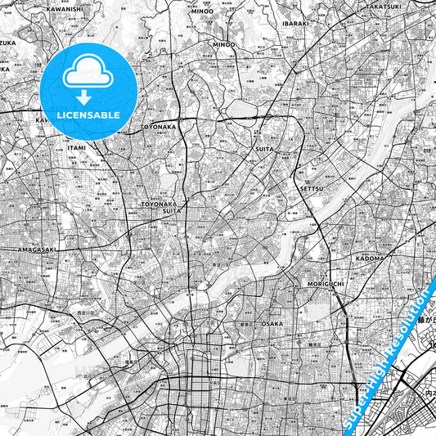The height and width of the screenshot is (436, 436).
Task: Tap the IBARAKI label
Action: pos(295,25)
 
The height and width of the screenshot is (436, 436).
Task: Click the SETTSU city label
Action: pos(313,187)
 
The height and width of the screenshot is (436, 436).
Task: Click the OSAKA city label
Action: pos(272,324)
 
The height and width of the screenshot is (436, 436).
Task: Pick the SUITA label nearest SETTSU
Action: pos(264,150)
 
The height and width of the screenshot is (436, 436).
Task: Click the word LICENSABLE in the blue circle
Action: pos(88,115)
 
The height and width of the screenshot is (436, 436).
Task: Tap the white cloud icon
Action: pos(88,73)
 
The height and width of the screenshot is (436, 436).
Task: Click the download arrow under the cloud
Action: pos(88,97)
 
